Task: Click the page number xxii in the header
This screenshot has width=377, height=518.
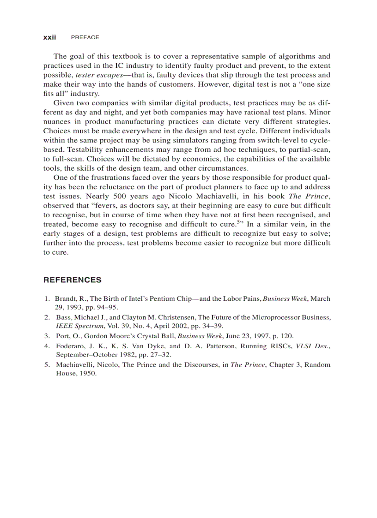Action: tap(49, 37)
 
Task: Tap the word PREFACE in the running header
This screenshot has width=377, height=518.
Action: tap(85, 37)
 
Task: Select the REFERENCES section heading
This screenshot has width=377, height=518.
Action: tap(72, 280)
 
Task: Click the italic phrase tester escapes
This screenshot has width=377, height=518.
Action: tap(97, 75)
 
